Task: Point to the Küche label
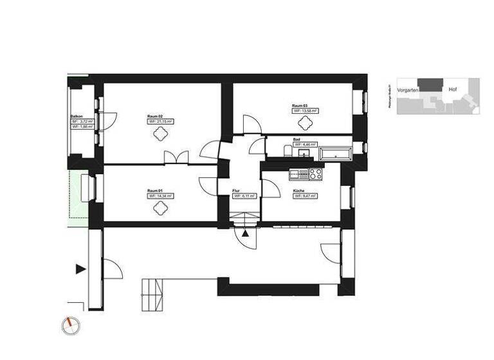pyautogui.click(x=298, y=191)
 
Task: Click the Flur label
pyautogui.click(x=237, y=191)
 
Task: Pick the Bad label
pyautogui.click(x=296, y=139)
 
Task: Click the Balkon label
pyautogui.click(x=77, y=116)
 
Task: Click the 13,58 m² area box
pyautogui.click(x=306, y=111)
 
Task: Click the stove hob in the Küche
pyautogui.click(x=315, y=174)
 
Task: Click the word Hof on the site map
pyautogui.click(x=453, y=89)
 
